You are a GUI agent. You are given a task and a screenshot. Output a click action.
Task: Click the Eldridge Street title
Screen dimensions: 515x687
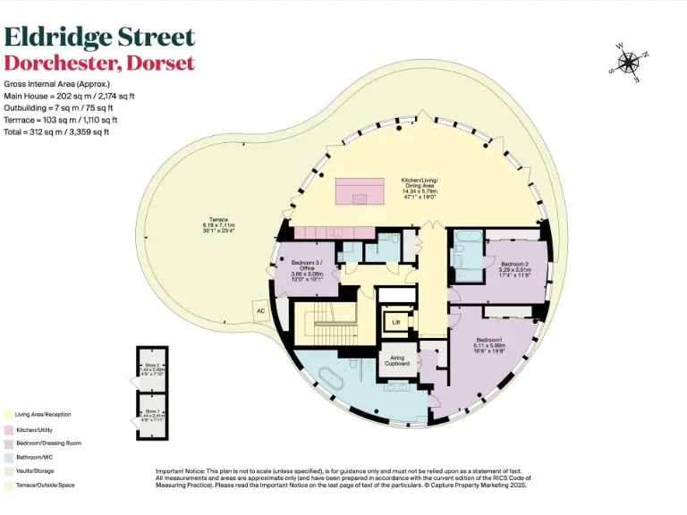(99, 37)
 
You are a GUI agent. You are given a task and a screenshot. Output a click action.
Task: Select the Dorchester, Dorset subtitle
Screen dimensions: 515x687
(99, 63)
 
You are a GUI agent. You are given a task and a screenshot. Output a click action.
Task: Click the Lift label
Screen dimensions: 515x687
(395, 322)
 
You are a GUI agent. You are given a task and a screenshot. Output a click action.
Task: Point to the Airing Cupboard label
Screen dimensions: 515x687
(396, 360)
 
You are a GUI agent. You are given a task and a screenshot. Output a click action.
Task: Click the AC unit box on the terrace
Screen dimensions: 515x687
(260, 311)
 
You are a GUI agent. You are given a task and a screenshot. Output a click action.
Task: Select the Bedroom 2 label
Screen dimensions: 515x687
(515, 267)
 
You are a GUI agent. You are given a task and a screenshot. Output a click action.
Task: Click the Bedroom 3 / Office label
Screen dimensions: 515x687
(306, 271)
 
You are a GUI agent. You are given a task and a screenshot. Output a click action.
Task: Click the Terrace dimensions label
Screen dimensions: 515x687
(218, 225)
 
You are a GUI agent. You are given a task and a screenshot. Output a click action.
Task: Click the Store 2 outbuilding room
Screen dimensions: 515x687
(152, 368)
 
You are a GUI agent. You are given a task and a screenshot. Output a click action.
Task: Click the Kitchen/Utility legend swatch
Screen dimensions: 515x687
(8, 429)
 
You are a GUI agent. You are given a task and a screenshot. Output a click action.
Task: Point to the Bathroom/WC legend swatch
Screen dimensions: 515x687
(8, 457)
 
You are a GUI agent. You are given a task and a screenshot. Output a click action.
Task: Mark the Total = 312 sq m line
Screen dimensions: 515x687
(57, 131)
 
